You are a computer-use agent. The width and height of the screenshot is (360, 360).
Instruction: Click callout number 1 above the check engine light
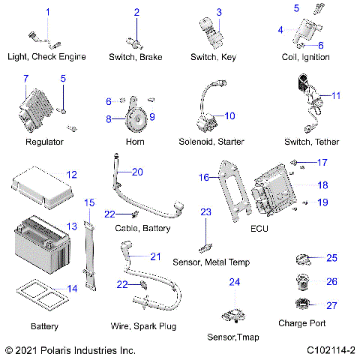pos(48,12)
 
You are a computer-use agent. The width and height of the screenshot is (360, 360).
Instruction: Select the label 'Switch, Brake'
pos(136,56)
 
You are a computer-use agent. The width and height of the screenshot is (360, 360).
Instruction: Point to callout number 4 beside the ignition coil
pos(280,30)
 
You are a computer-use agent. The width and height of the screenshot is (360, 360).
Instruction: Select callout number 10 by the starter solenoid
pos(229,115)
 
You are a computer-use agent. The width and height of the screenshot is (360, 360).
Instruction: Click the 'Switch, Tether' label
pos(310,142)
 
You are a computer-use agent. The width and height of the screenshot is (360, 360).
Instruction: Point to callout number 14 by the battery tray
pos(72,289)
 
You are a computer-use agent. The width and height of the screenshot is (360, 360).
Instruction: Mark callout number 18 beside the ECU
pos(322,184)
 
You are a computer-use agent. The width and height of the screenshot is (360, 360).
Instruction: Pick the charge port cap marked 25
pos(302,259)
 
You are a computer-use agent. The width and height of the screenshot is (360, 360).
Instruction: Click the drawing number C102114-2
pos(330,350)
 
